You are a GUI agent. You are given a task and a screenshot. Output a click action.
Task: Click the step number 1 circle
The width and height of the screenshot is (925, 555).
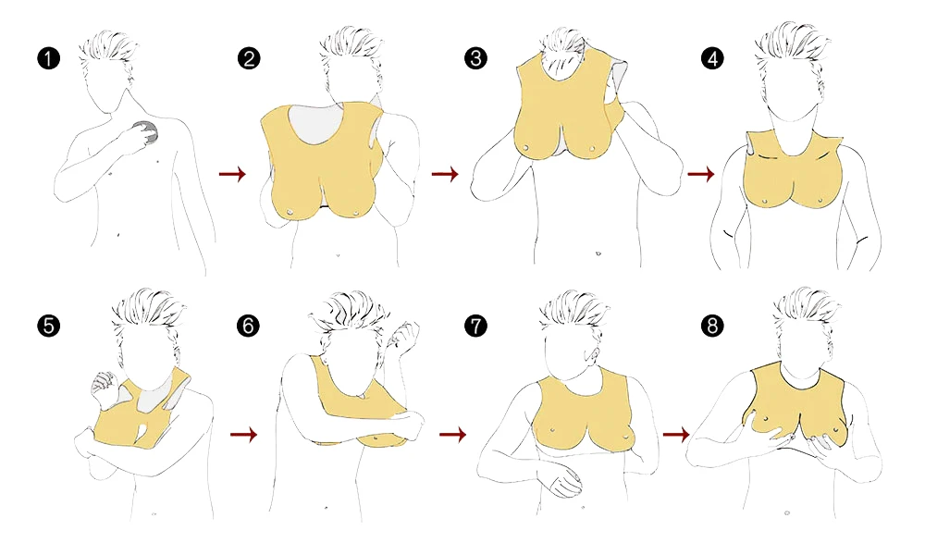point(48,58)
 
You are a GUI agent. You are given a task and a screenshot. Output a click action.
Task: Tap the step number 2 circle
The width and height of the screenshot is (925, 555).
point(249,58)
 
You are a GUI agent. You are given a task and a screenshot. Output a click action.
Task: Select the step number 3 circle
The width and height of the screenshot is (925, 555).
point(475,58)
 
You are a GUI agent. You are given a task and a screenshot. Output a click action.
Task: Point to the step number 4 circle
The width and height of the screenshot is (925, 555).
point(712,58)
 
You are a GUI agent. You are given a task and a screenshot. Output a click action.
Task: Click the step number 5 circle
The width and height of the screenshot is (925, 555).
point(48,326)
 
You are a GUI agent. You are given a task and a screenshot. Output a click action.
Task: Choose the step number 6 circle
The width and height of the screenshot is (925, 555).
point(248,326)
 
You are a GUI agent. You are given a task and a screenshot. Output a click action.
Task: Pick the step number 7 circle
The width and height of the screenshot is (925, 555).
point(475,326)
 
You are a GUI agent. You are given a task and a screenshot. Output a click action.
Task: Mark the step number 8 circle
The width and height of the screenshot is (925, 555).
point(712,326)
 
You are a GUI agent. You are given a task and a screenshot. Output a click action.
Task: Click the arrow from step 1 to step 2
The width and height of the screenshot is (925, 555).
point(232,173)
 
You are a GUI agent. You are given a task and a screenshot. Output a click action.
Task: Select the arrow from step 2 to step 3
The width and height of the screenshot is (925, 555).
point(445,173)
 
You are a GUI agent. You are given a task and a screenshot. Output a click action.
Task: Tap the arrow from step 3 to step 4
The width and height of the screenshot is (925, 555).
point(701,173)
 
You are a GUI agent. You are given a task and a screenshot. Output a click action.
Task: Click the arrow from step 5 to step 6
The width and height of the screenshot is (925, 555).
point(243,435)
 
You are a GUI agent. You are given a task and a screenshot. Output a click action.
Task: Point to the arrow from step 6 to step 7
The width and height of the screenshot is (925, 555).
point(452,435)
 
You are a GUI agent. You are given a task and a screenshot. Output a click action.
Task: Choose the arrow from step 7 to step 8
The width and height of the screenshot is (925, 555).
point(676,435)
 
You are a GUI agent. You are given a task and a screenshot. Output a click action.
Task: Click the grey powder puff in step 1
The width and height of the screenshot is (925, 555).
point(147,131)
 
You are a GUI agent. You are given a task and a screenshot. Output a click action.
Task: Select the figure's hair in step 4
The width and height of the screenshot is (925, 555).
point(792,43)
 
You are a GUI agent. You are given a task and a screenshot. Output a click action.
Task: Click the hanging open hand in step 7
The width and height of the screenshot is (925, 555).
point(564,477)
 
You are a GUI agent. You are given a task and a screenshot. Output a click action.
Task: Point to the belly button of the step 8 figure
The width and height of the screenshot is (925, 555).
point(787,513)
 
